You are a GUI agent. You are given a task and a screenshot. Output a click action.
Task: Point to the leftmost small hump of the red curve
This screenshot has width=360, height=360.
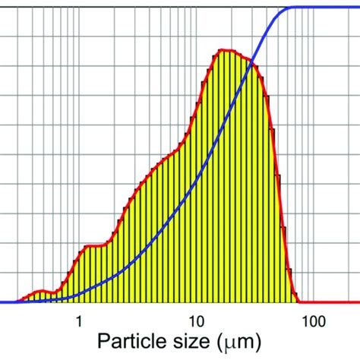coord(42,290)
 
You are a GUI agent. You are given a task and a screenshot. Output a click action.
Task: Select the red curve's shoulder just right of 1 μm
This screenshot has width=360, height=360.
coord(93,245)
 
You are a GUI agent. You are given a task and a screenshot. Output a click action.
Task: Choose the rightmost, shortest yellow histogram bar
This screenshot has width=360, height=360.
coord(292,292)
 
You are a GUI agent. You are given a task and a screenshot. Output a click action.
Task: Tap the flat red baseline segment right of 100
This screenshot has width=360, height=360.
coord(334,302)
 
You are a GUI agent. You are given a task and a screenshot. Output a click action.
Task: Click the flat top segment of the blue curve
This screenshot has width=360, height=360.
coord(327,8)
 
